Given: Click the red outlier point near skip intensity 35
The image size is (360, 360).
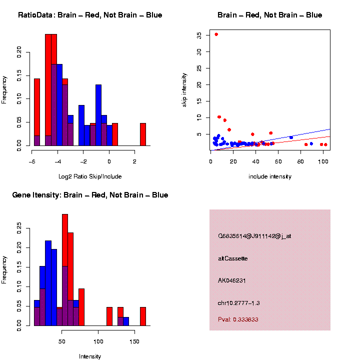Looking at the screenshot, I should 216,34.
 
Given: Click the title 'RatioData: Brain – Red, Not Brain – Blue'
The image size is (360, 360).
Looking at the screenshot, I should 90,15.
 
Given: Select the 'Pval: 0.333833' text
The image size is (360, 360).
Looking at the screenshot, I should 238,319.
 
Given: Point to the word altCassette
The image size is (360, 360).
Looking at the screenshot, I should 232,258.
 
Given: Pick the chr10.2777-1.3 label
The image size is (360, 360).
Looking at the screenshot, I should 238,303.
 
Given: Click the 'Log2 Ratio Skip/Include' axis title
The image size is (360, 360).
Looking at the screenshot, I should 90,176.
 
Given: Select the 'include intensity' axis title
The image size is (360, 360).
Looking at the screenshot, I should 270,176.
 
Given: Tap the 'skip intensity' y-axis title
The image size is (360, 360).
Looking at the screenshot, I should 184,89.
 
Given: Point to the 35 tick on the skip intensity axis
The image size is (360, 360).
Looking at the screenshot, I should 199,35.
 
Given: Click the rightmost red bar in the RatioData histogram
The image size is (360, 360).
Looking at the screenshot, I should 143,134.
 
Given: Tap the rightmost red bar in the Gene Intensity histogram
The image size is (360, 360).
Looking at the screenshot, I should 143,316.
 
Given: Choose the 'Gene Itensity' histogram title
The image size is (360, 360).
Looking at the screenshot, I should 90,195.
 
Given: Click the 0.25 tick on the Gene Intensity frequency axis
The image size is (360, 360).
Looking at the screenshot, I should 19,228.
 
